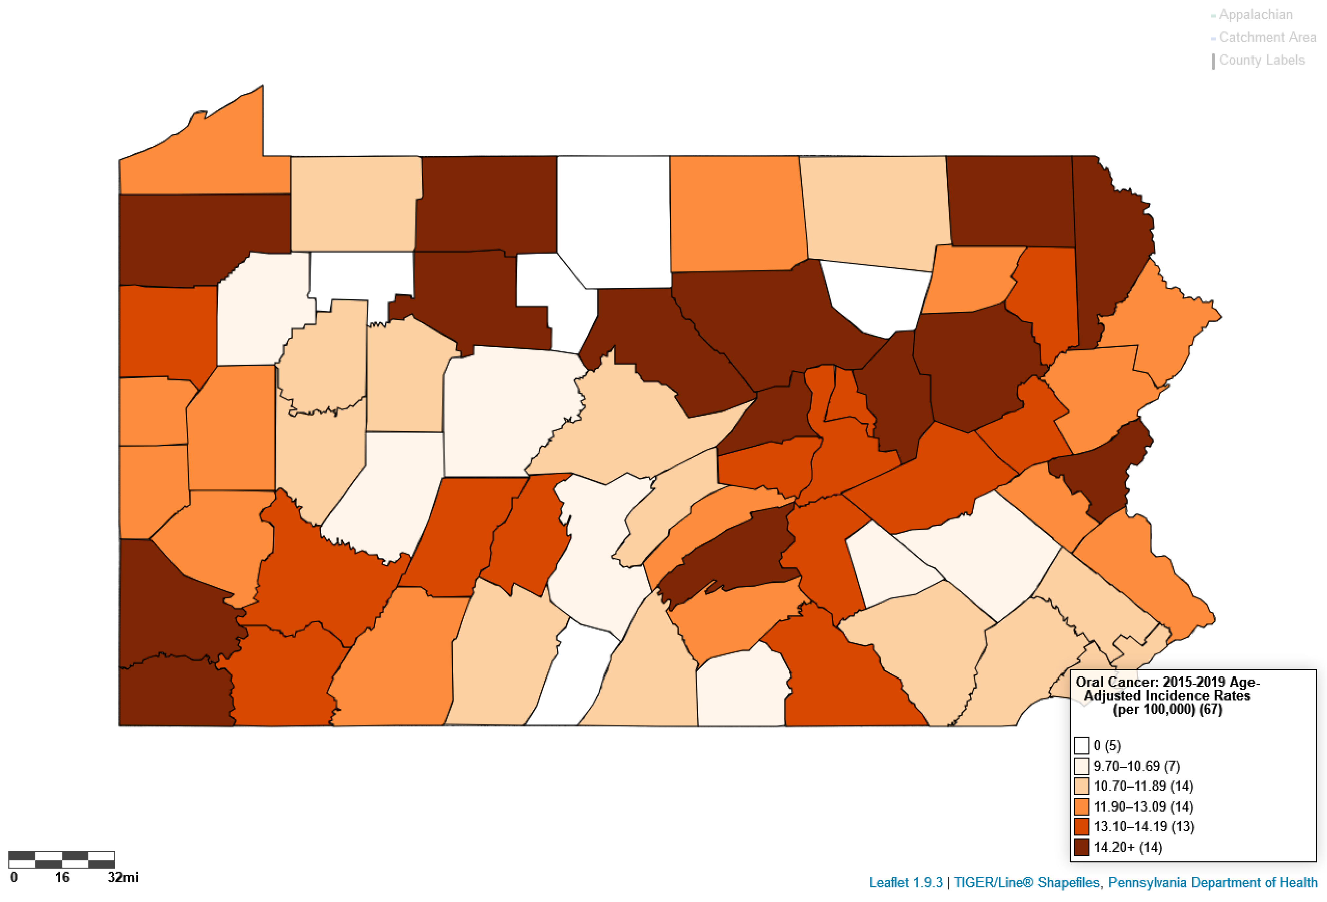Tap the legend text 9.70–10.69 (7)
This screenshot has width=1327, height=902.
(x=1136, y=766)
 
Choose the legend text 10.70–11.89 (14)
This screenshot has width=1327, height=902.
(x=1143, y=786)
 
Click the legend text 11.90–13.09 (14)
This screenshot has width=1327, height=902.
(x=1143, y=807)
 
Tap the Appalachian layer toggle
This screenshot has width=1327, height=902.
(x=1255, y=15)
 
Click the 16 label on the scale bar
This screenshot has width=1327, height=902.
(x=62, y=877)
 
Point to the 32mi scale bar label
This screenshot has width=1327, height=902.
(x=123, y=877)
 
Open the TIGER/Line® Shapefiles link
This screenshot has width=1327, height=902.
(x=1026, y=883)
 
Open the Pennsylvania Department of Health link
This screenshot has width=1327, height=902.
(x=1212, y=883)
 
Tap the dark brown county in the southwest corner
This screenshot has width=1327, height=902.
(x=171, y=694)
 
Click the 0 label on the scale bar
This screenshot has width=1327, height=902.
(x=14, y=877)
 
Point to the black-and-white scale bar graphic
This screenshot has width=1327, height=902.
(x=62, y=859)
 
